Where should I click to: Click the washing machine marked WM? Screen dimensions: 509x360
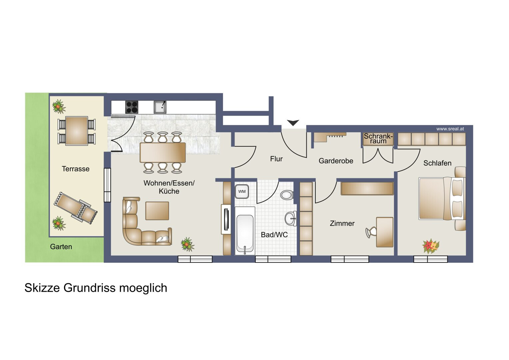coord(242,191)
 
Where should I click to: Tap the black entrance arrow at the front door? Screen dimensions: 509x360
coord(293,123)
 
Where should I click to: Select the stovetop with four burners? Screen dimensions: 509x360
coord(132,107)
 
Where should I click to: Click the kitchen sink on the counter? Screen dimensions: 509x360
coord(160,107)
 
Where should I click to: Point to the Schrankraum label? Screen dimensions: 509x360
coord(378,139)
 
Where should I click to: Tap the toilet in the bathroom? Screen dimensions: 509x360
coord(287,195)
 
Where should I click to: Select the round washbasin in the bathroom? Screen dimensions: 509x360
coord(291,219)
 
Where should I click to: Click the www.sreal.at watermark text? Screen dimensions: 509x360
coord(450,129)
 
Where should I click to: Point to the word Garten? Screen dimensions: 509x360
coord(61,247)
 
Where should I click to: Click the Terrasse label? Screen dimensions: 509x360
coord(76,169)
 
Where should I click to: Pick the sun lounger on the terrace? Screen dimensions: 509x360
coord(76,208)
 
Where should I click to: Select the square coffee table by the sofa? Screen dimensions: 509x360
coord(157,211)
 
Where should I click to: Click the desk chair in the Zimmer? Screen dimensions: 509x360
coord(370,233)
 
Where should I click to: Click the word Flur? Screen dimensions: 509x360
coord(276,159)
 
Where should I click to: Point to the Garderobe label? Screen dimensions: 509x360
coord(336,161)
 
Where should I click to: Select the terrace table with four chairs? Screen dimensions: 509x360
coord(77,131)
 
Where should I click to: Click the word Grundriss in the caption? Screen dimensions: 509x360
coord(90,288)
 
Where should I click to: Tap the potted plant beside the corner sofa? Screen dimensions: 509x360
coord(187,244)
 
